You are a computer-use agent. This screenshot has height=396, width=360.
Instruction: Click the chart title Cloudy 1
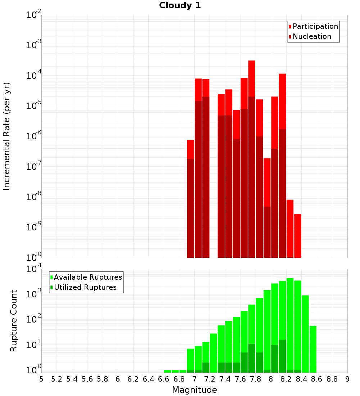(180, 5)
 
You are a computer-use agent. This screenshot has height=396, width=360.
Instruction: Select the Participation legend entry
(313, 26)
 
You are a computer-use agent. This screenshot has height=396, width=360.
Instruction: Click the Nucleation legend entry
(310, 36)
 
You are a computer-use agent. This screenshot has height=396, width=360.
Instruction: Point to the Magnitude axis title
(194, 390)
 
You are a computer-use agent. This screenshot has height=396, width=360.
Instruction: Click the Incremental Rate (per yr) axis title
(6, 136)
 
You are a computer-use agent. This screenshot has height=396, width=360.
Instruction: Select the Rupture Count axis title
(13, 321)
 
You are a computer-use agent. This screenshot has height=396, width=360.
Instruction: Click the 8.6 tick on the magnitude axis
(316, 379)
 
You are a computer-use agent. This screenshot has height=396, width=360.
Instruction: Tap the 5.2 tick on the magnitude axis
(57, 379)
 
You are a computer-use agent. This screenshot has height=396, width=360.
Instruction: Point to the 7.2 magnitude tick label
(210, 379)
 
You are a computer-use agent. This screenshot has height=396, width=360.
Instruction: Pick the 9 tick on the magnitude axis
(347, 379)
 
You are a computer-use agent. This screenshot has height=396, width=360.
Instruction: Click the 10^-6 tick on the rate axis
(33, 136)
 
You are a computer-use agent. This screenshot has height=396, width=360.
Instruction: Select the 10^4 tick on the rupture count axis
(33, 269)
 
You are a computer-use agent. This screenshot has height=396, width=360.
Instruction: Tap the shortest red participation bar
(298, 236)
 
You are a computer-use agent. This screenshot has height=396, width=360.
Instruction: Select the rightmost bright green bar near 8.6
(313, 349)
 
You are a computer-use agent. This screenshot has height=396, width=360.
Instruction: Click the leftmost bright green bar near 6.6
(167, 371)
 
